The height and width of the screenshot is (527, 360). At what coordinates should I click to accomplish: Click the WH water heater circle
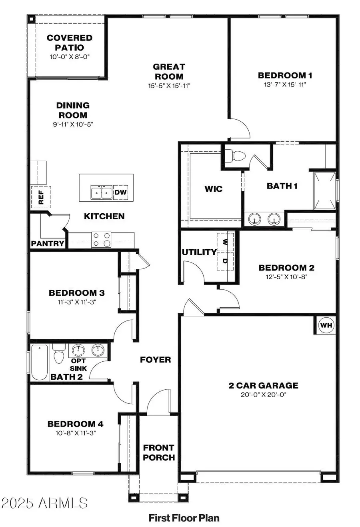tap(326, 325)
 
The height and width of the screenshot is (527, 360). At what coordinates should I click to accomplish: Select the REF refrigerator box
tap(41, 197)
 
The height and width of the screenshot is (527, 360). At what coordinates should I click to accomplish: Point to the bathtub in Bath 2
tap(39, 362)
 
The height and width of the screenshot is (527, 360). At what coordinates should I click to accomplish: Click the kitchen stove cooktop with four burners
tap(101, 239)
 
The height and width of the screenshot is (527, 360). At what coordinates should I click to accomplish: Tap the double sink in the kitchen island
tap(101, 192)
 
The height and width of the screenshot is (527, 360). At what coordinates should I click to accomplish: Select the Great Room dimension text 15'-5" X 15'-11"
tap(169, 85)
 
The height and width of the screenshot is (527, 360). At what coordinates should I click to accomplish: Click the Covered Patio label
tap(70, 42)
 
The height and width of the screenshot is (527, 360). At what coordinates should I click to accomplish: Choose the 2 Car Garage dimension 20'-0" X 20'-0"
tap(263, 395)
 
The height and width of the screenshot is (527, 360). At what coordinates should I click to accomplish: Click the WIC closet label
tap(213, 189)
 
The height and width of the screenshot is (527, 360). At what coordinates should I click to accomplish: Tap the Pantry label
tap(48, 243)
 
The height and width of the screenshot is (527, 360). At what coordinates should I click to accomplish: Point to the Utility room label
tap(199, 252)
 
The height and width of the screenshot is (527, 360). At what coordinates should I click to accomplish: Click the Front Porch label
tap(159, 452)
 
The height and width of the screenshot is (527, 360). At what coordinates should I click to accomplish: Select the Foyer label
tap(155, 359)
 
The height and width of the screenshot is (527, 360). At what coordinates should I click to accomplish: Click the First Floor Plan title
tap(184, 518)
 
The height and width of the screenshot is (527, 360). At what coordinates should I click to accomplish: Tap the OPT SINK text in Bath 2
tap(78, 364)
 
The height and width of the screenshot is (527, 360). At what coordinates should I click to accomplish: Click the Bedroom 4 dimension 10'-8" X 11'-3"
tap(76, 433)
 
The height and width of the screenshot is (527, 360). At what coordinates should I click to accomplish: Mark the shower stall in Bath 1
tap(324, 190)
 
